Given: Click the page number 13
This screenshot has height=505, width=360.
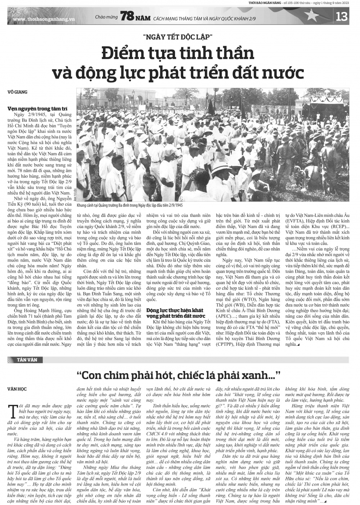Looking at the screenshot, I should (x=341, y=17).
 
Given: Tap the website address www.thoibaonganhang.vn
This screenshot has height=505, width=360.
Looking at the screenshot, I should (x=44, y=18).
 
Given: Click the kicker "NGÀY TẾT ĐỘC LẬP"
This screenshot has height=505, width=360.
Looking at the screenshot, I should (x=178, y=37).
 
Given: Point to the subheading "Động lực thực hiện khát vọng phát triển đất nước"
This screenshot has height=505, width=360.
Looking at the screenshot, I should (x=175, y=313).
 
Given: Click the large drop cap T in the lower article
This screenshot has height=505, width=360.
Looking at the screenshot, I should (x=13, y=409).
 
